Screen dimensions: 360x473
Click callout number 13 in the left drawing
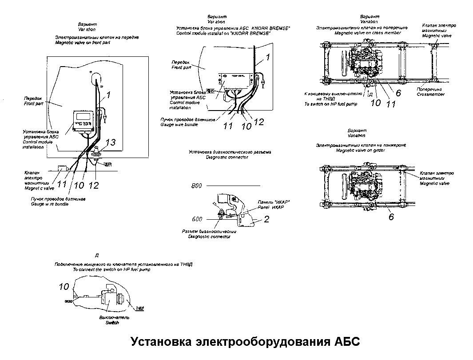111,142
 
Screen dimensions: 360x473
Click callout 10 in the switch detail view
64,287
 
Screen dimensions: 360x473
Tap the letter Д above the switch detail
97,255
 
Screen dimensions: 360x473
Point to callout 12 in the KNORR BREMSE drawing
259,122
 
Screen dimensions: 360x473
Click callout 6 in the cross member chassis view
398,93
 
